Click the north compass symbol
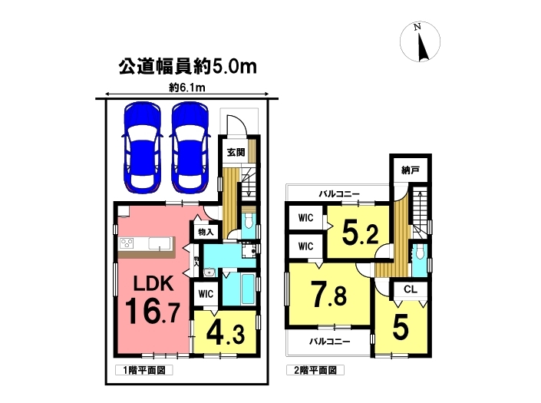tap(420, 41)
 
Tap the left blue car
tap(142, 147)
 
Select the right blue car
tap(190, 147)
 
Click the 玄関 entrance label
tap(236, 152)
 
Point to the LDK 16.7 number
tap(152, 312)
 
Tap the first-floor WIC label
tap(206, 294)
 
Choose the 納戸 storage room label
tap(411, 170)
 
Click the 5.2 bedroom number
tap(360, 233)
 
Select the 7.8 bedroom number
tap(328, 294)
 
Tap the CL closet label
tap(411, 289)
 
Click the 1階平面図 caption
tap(143, 370)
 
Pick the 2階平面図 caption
tap(315, 370)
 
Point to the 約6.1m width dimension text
tap(187, 88)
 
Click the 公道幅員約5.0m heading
tap(188, 67)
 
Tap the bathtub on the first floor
tap(249, 289)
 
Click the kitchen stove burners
tap(127, 243)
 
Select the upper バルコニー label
tap(339, 193)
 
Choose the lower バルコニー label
tap(329, 342)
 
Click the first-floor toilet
tap(248, 221)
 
